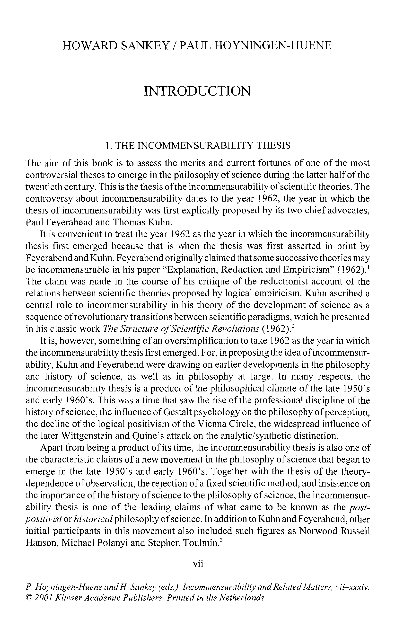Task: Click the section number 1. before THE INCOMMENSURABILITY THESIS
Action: click(108, 146)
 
